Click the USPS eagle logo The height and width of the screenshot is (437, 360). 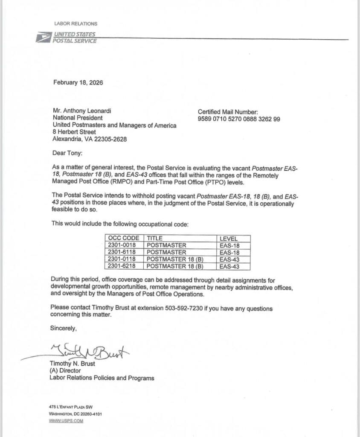click(43, 38)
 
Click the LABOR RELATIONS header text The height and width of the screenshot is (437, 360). click(75, 24)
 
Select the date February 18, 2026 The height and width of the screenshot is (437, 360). click(78, 82)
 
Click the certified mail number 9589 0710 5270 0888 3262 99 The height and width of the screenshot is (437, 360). click(239, 119)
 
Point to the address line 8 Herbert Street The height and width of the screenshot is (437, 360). click(74, 132)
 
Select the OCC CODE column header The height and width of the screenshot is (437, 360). click(124, 239)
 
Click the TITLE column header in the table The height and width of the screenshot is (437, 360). click(155, 239)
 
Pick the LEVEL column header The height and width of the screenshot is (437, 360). click(229, 239)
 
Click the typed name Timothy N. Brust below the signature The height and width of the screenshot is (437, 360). click(73, 364)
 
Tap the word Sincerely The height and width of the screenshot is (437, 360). click(64, 329)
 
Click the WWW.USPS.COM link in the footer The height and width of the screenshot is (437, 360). click(66, 421)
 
